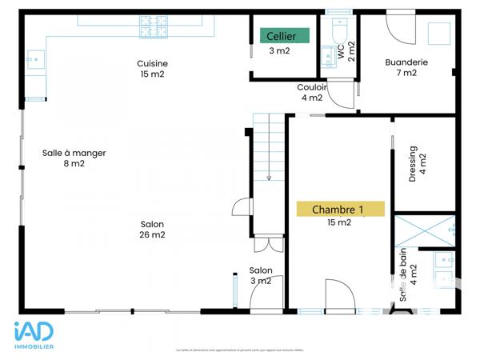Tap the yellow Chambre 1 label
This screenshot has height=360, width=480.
[x=340, y=210]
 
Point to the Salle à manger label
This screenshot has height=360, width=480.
[x=74, y=158]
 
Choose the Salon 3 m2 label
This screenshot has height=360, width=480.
[x=260, y=275]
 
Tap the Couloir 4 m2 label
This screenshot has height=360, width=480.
[x=311, y=93]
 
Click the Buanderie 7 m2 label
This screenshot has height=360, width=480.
[x=406, y=67]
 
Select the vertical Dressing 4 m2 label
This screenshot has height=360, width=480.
[x=417, y=164]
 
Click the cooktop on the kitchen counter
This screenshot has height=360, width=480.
[x=154, y=28]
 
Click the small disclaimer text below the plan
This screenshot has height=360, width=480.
[x=239, y=350]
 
